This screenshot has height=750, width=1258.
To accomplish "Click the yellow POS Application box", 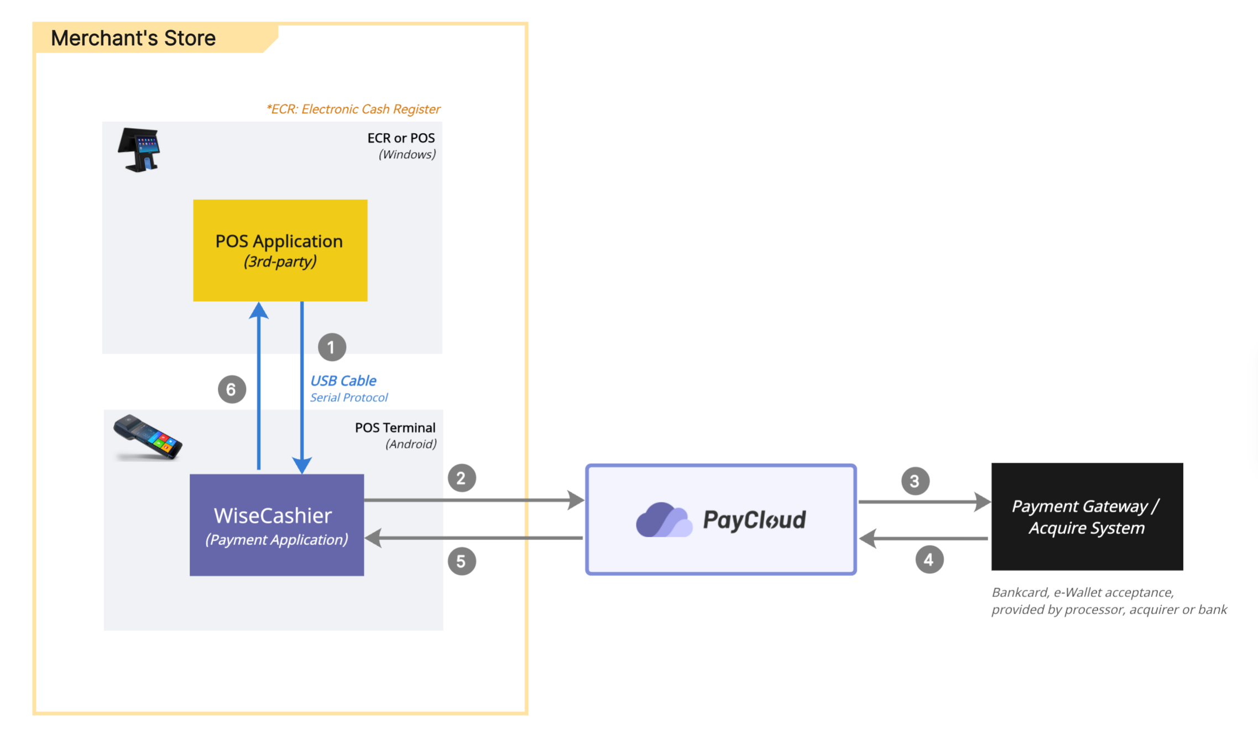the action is (x=280, y=250).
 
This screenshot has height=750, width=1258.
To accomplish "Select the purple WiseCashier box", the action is (x=276, y=525).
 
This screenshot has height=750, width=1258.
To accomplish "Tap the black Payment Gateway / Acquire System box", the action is (x=1087, y=517).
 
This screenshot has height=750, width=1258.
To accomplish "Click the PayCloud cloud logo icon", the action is (x=664, y=520).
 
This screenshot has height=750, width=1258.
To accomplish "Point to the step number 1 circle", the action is (x=332, y=347).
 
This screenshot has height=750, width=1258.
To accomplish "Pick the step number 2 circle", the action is (x=462, y=478).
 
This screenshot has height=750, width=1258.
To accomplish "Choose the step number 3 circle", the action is (x=915, y=481).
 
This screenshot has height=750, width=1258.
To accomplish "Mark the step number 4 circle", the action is (x=930, y=559).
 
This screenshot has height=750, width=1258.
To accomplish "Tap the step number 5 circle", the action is (x=462, y=562).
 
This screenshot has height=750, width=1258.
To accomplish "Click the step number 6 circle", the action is (x=232, y=390).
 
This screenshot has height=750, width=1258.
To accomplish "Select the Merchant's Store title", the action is (x=133, y=38).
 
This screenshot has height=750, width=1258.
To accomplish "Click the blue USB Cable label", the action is (x=343, y=381).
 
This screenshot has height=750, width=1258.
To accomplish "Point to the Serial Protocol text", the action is (x=349, y=397).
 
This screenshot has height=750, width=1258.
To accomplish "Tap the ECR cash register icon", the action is (x=139, y=150).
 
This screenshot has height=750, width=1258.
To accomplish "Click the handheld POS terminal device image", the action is (x=148, y=437).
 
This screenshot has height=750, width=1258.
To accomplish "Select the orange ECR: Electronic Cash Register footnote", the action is (x=353, y=109).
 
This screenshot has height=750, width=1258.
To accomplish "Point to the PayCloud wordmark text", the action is (x=755, y=520).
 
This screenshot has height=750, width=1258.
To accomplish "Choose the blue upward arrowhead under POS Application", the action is (x=259, y=311).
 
